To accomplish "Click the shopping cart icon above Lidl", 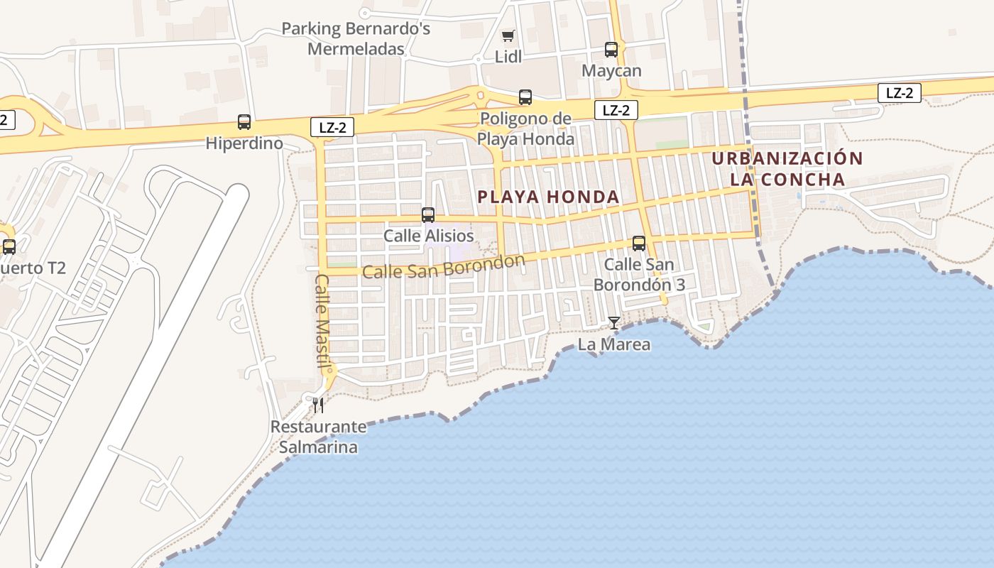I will pyautogui.click(x=508, y=35).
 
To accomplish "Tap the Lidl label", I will pyautogui.click(x=508, y=57).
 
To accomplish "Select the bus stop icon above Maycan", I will pyautogui.click(x=611, y=50).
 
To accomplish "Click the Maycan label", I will pyautogui.click(x=611, y=71).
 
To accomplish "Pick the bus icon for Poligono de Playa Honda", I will pyautogui.click(x=525, y=97).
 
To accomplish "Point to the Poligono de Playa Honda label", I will pyautogui.click(x=525, y=129).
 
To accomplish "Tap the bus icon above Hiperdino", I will pyautogui.click(x=244, y=122).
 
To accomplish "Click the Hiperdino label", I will pyautogui.click(x=244, y=143).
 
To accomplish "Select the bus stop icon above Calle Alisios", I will pyautogui.click(x=428, y=214).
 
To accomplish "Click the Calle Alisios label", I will pyautogui.click(x=428, y=236).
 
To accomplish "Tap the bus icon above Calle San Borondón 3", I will pyautogui.click(x=639, y=244).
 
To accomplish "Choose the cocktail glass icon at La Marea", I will pyautogui.click(x=614, y=323).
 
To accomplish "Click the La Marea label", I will pyautogui.click(x=614, y=345).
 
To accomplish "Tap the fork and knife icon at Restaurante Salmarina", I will pyautogui.click(x=318, y=405).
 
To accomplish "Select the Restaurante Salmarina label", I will pyautogui.click(x=318, y=437).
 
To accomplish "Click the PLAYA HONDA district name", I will pyautogui.click(x=549, y=197).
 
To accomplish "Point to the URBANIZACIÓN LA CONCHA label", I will pyautogui.click(x=787, y=169).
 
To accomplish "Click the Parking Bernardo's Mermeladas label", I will pyautogui.click(x=356, y=39).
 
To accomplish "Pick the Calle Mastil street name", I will pyautogui.click(x=323, y=322).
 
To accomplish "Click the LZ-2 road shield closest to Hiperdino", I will pyautogui.click(x=332, y=127).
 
